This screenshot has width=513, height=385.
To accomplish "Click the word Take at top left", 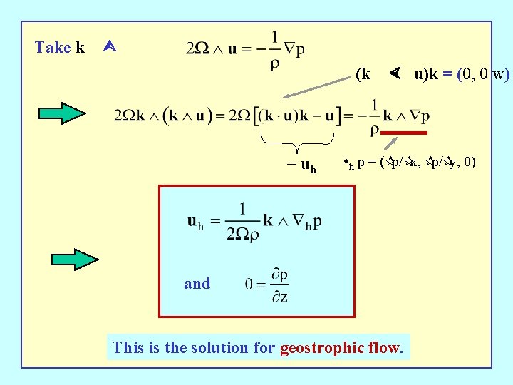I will click(x=53, y=48).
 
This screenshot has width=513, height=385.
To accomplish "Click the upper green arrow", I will click(x=61, y=113).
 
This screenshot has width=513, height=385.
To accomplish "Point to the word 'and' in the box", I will click(x=197, y=284).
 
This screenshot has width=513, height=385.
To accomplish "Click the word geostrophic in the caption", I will click(x=319, y=348).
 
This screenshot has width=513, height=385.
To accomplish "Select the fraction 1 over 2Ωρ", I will click(x=243, y=222).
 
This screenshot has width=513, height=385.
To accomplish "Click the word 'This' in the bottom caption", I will click(x=128, y=348).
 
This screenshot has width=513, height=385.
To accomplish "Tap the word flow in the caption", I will click(x=385, y=348).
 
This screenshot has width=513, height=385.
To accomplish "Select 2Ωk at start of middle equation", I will click(x=130, y=115).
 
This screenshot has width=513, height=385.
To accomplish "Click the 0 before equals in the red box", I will click(x=249, y=284).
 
